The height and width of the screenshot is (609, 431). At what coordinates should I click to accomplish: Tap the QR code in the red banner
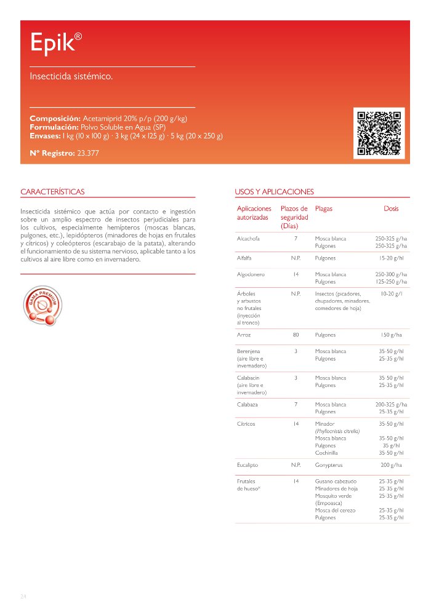(x=379, y=133)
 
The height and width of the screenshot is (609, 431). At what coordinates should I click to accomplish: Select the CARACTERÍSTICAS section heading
(x=52, y=192)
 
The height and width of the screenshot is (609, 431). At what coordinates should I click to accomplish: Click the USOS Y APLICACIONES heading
(x=274, y=192)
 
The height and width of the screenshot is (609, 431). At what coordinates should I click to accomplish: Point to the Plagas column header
(x=323, y=209)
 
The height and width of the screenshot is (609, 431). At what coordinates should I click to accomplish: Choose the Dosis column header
(x=391, y=209)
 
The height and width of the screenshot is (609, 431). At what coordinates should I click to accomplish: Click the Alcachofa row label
(x=248, y=238)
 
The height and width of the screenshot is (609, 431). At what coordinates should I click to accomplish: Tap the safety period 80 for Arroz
(x=296, y=335)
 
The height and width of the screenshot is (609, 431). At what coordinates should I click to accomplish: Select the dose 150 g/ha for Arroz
(x=391, y=335)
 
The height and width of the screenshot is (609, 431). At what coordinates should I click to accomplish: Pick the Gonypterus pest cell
(x=329, y=465)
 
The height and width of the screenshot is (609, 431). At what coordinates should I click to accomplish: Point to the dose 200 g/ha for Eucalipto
(x=391, y=465)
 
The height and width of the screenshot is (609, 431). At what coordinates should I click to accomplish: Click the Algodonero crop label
(x=251, y=274)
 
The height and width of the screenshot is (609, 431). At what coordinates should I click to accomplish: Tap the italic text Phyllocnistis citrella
(x=337, y=431)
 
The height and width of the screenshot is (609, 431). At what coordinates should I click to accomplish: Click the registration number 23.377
(x=87, y=153)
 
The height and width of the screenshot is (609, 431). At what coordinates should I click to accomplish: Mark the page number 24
(x=23, y=597)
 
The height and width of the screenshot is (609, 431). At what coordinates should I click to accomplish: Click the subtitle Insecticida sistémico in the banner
(x=71, y=77)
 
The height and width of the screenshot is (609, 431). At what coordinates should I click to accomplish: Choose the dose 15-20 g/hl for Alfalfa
(x=391, y=258)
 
